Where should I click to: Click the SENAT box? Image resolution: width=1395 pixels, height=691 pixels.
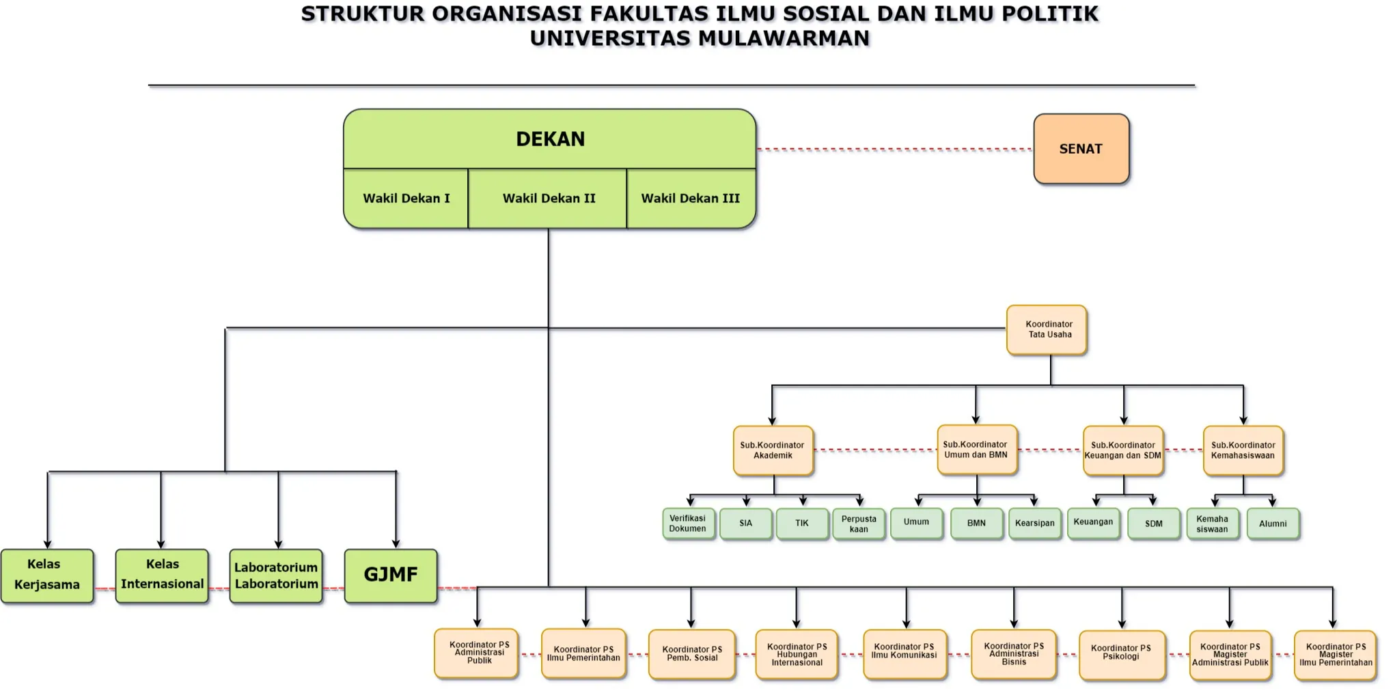tap(1081, 149)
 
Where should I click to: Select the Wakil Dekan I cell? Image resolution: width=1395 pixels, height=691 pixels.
tap(406, 198)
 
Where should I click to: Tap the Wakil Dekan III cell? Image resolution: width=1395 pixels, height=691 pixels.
tap(690, 198)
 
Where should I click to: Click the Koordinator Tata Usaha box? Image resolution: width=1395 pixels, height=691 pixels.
tap(1047, 330)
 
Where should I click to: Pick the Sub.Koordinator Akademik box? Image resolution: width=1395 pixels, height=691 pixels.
tap(773, 450)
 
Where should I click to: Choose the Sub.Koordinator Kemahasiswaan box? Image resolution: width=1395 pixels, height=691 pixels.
tap(1243, 450)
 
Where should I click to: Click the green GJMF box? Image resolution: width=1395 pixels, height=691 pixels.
tap(390, 575)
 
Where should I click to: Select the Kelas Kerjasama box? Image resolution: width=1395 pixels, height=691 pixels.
tap(47, 575)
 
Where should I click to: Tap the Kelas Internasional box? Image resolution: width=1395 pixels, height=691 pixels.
tap(162, 575)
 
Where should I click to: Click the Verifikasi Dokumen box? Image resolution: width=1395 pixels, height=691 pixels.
tap(688, 524)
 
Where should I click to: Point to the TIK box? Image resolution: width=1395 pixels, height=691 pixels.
tap(802, 524)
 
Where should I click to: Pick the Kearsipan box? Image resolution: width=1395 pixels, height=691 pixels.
tap(1034, 524)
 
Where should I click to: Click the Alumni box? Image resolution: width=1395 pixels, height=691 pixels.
tap(1273, 524)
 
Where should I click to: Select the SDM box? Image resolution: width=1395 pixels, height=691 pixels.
tap(1153, 524)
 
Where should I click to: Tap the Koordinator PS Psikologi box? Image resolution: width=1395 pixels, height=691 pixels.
tap(1121, 654)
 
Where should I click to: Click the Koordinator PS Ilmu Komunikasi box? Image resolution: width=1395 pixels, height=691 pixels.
tap(904, 654)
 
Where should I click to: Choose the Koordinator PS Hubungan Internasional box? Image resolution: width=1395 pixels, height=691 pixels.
tap(797, 654)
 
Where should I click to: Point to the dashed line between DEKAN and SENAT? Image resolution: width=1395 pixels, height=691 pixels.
tap(895, 149)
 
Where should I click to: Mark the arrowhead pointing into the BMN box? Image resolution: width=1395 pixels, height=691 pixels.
tap(977, 502)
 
